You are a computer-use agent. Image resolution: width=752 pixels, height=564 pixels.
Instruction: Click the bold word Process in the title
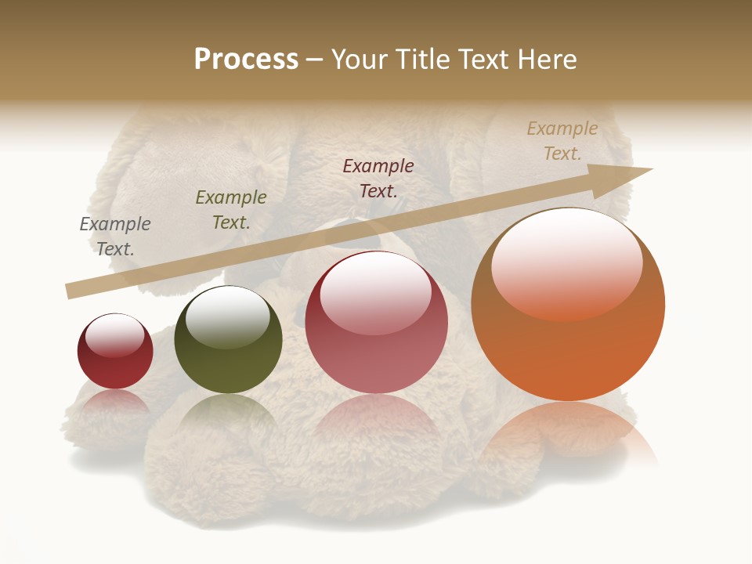tap(246, 60)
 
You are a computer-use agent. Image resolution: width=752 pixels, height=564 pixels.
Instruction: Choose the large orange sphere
tap(568, 345)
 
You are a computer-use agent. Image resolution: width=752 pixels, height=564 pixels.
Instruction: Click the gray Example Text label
tap(115, 236)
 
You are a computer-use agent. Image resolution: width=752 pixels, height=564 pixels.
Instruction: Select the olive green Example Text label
tap(231, 209)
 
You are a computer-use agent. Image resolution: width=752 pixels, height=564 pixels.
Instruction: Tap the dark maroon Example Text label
tap(378, 178)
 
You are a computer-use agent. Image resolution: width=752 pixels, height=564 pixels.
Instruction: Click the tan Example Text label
tap(562, 140)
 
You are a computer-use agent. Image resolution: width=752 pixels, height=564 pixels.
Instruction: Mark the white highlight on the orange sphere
tap(566, 262)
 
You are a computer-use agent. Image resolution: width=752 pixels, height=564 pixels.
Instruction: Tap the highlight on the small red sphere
tap(114, 335)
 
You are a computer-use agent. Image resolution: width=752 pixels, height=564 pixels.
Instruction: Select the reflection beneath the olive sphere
tap(228, 415)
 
